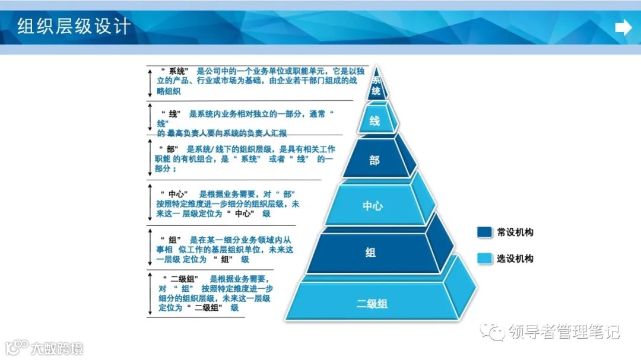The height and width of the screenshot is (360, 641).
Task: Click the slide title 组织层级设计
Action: [x=73, y=27]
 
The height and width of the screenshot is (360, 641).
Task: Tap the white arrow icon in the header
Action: [x=623, y=28]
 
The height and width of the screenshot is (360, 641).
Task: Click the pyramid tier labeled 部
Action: [x=375, y=160]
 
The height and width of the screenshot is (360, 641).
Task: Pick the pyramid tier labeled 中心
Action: [x=373, y=206]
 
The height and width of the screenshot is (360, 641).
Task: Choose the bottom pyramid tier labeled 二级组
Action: [x=372, y=304]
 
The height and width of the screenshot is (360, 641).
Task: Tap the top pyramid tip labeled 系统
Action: [x=376, y=85]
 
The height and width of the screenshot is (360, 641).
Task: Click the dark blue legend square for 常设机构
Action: [x=484, y=232]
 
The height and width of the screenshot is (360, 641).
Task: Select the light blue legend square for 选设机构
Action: [x=484, y=259]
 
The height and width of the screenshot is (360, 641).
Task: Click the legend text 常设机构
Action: [x=515, y=232]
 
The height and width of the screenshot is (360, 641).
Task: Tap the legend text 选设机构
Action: [x=515, y=259]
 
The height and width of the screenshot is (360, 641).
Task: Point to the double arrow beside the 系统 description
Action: [x=151, y=82]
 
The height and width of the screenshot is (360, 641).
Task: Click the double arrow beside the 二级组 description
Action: [x=151, y=294]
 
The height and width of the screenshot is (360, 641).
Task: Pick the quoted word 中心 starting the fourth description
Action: [x=178, y=195]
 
